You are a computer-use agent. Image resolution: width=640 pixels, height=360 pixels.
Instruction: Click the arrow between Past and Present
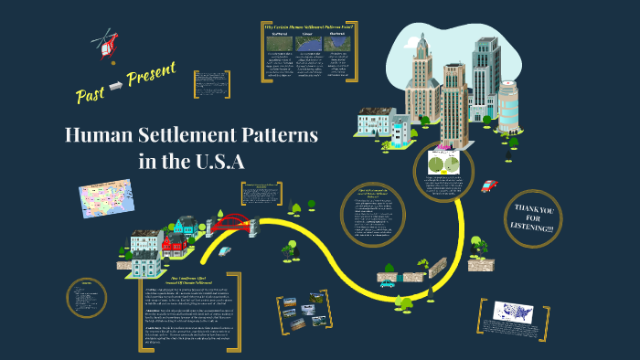click(x=117, y=86)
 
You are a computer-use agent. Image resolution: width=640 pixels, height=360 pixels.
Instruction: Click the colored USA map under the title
click(x=106, y=199)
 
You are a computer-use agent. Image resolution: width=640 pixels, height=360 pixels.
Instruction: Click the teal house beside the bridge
click(x=186, y=226)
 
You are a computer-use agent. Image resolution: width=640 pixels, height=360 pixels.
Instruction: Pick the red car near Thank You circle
click(x=489, y=185)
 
